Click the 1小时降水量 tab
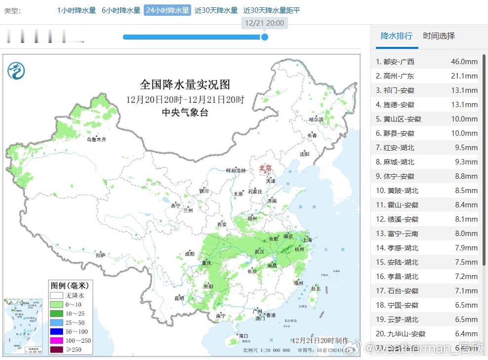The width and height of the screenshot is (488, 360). (77, 10)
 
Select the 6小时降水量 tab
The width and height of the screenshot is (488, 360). (121, 10)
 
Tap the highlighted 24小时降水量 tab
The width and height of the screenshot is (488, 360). (167, 10)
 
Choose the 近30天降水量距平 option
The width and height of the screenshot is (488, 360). (272, 10)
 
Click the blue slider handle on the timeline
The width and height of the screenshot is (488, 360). (264, 37)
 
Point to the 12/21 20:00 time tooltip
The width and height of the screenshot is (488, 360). (264, 23)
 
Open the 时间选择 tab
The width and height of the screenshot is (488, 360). (439, 36)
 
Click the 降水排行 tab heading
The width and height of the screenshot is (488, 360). (397, 36)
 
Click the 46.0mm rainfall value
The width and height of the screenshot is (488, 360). (464, 62)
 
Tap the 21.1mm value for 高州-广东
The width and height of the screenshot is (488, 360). (464, 76)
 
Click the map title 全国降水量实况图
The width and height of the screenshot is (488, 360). (185, 84)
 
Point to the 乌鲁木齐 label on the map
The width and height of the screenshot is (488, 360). (96, 140)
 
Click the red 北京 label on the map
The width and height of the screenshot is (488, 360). (265, 168)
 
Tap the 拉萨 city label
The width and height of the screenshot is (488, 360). (100, 255)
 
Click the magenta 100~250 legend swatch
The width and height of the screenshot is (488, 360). (57, 340)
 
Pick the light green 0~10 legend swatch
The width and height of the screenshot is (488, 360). (57, 304)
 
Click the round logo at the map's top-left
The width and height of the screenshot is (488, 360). (16, 71)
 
